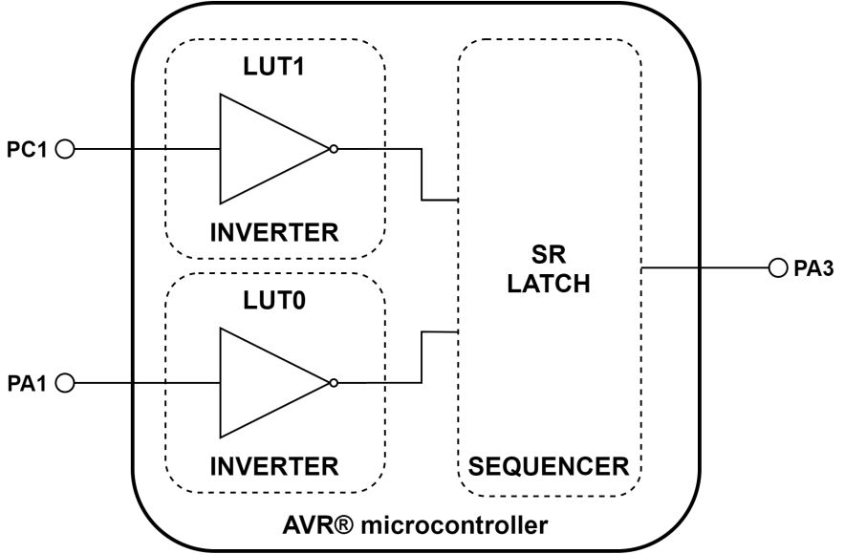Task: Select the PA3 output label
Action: [x=815, y=269]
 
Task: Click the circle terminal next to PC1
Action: [x=65, y=149]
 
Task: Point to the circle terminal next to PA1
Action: [x=65, y=383]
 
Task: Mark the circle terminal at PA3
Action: [x=777, y=269]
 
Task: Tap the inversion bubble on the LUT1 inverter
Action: [x=333, y=149]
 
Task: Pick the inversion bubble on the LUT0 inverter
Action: [x=333, y=383]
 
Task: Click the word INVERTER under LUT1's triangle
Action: [x=275, y=231]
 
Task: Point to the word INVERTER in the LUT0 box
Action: [x=275, y=466]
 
